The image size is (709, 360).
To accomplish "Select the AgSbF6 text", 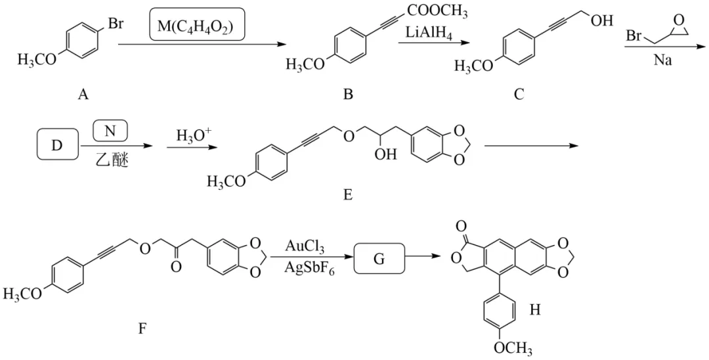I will pos(309,268).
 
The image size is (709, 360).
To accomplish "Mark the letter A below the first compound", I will pos(83,95).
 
